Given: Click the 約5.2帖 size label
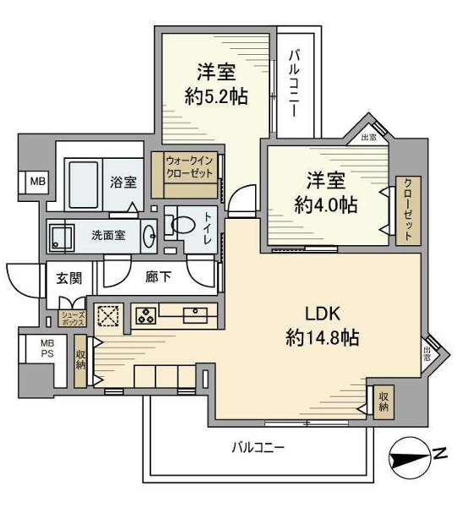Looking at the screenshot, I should (x=215, y=96).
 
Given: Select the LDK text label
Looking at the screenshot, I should (x=322, y=314).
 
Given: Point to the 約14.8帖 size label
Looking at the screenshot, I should (x=322, y=339).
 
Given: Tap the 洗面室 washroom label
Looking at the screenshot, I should (x=108, y=235).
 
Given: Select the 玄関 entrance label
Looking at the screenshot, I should (x=68, y=278).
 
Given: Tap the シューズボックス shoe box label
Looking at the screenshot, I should (x=69, y=319).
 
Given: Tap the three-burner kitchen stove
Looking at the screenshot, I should (x=144, y=316).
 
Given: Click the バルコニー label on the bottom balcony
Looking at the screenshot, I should (x=258, y=447).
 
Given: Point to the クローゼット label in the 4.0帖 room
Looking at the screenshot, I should (x=407, y=210).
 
